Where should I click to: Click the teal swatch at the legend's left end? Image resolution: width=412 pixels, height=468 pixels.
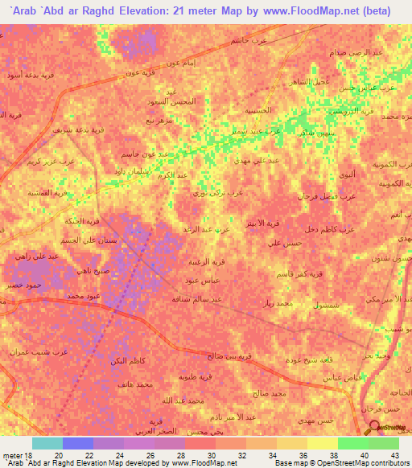tap(47, 443)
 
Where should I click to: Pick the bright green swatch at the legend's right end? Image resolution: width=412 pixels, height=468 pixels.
tap(384, 443)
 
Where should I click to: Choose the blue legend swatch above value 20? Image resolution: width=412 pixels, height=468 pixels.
tap(78, 443)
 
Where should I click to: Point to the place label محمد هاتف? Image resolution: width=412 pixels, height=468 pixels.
tap(134, 387)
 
